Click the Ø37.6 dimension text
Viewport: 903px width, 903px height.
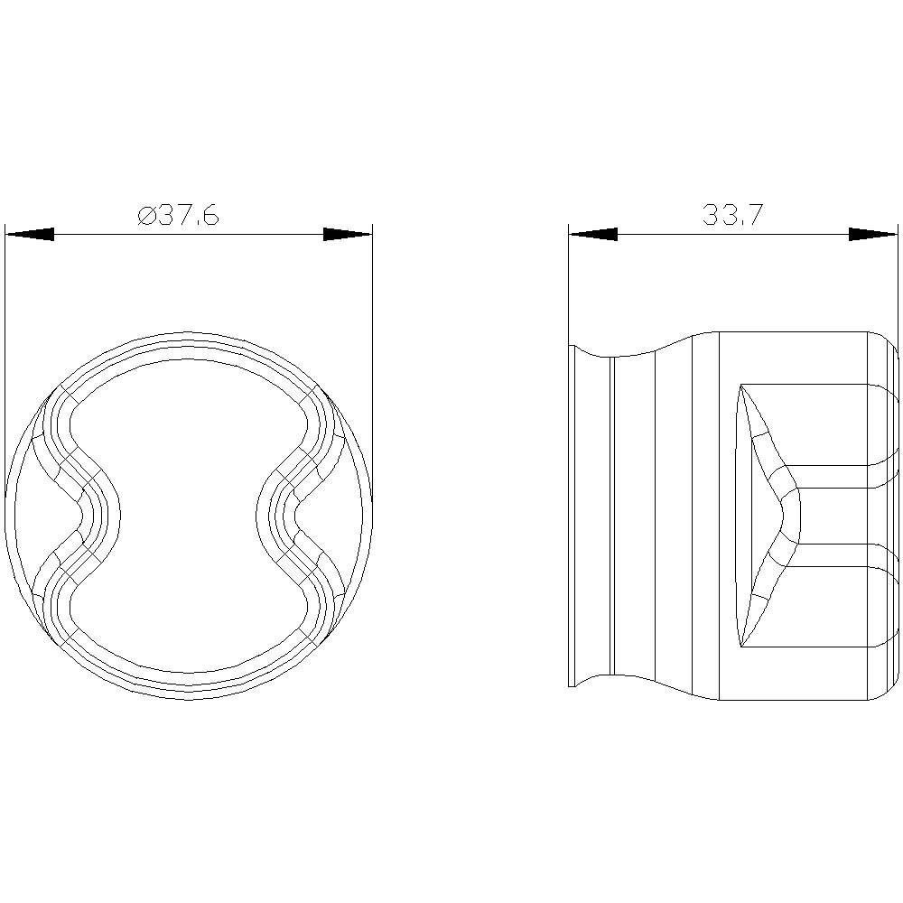point(179,216)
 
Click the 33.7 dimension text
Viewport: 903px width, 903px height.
point(732,216)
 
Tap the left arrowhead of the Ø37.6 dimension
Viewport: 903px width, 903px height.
point(29,235)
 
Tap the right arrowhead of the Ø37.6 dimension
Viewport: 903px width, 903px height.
point(348,235)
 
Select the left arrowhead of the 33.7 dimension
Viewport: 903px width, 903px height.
point(592,235)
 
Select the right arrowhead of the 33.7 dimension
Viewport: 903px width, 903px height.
point(873,235)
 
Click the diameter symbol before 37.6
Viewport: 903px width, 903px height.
point(146,217)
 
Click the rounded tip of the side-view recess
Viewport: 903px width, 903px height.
point(798,516)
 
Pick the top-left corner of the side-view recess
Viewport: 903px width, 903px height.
point(741,386)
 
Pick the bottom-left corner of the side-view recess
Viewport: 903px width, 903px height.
point(741,646)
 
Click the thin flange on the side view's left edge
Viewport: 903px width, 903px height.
point(572,516)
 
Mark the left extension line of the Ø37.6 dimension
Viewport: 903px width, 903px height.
point(5,361)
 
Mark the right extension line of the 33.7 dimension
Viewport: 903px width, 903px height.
point(898,280)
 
